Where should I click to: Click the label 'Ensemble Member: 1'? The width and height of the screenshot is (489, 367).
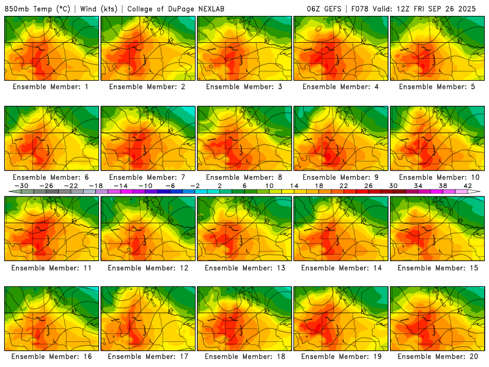[x=52, y=87]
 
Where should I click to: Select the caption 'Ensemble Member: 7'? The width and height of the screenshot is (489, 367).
[x=149, y=177]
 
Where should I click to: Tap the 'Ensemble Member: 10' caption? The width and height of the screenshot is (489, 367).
[x=437, y=177]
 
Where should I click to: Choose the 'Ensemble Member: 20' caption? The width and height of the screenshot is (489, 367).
[x=437, y=356]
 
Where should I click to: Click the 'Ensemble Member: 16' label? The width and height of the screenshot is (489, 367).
[x=52, y=356]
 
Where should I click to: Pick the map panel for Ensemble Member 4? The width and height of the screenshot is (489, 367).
[x=341, y=48]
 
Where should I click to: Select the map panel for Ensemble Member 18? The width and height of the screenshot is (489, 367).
[x=244, y=317]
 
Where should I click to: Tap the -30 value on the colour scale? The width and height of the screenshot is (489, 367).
[x=21, y=185]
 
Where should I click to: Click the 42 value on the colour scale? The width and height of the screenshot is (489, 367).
[x=468, y=185]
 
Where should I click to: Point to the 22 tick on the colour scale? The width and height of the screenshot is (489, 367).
[x=344, y=185]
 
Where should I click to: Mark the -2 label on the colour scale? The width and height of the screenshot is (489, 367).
[x=194, y=185]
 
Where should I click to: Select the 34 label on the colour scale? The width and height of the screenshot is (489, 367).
[x=418, y=185]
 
